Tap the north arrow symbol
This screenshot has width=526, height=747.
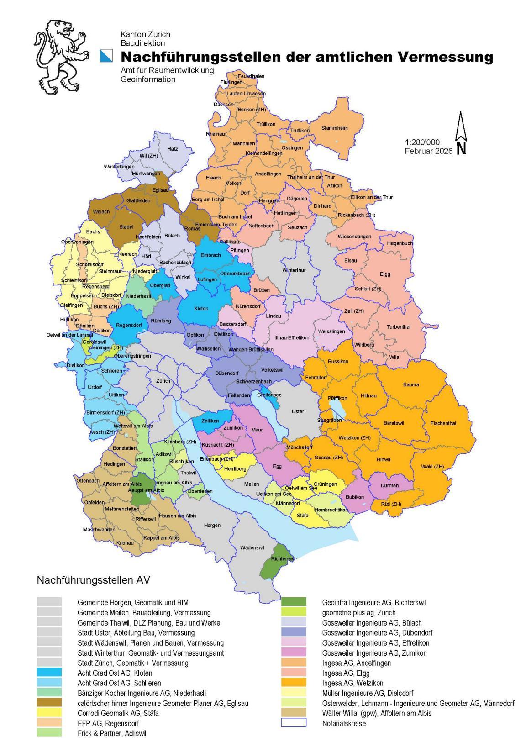click(461, 133)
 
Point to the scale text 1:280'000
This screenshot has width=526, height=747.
click(422, 142)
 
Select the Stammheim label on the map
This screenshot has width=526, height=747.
click(334, 128)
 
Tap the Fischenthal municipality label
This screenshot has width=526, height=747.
click(443, 423)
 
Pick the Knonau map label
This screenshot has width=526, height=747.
click(125, 543)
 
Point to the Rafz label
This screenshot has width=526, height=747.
click(173, 149)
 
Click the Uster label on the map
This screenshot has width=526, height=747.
click(298, 411)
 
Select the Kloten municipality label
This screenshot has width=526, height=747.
click(201, 309)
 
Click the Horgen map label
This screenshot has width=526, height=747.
click(212, 526)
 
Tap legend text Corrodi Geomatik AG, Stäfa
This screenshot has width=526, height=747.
click(118, 713)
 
